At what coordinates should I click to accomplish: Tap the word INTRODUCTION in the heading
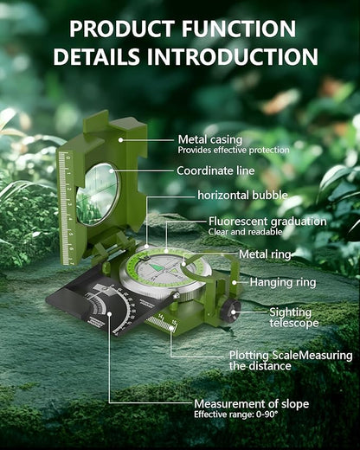[x=233, y=56]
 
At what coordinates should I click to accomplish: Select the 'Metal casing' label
[x=210, y=140]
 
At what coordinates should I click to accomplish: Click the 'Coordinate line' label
[x=215, y=170]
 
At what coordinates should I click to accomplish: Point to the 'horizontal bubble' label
[x=243, y=196]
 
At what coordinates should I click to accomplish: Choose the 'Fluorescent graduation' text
[x=267, y=222]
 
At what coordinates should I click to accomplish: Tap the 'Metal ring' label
[x=265, y=254]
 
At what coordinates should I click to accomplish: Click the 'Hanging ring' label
[x=283, y=282]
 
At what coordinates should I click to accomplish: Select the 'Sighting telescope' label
[x=294, y=318]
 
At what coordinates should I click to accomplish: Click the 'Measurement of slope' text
[x=252, y=404]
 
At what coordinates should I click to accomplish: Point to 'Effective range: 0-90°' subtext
[x=236, y=415]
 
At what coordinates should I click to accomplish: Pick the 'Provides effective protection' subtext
[x=234, y=151]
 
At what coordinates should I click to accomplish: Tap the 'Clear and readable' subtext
[x=245, y=232]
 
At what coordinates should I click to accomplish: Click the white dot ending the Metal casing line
[x=121, y=140]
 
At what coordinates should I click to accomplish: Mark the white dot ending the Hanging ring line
[x=235, y=282]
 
